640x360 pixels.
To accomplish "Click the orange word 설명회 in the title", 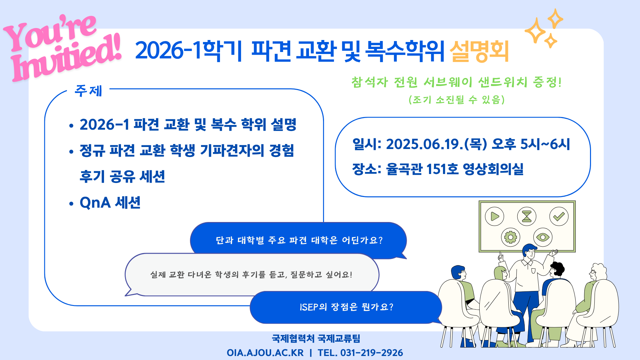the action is (x=479, y=51).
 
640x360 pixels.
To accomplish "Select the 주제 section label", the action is (x=88, y=91).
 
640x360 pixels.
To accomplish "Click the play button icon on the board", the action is (x=494, y=217).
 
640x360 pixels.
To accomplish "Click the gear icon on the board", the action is (x=511, y=237).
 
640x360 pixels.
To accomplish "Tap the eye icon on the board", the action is (x=543, y=237).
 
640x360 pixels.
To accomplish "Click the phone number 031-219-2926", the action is (x=372, y=353).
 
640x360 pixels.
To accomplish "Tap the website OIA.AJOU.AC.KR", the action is (x=265, y=353).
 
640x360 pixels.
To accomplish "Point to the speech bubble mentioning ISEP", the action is (x=346, y=307).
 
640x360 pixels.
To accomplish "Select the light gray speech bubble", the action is (x=252, y=275).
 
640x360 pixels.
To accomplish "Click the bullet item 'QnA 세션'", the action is (x=110, y=203).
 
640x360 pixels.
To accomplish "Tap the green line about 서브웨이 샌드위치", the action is (x=456, y=82).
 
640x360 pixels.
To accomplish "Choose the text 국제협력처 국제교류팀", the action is (x=316, y=339).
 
